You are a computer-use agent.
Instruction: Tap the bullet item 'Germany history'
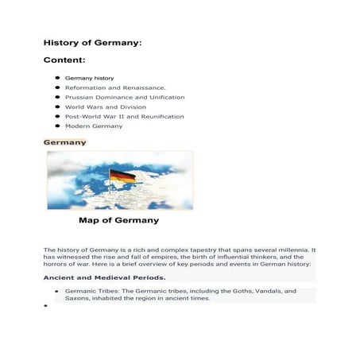pos(89,78)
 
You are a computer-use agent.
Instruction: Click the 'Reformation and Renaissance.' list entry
pos(114,87)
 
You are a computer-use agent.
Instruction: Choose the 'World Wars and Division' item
pos(105,106)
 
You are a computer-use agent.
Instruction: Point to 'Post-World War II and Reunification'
pos(124,116)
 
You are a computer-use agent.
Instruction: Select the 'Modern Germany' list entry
pos(94,126)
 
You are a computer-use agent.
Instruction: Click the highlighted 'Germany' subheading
pos(64,142)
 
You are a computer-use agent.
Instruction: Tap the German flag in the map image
pos(122,174)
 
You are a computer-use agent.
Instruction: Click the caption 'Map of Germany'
pos(118,220)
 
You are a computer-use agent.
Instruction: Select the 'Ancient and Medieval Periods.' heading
pos(104,277)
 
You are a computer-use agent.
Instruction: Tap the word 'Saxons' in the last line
pos(77,299)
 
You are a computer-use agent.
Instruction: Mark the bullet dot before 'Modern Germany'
pos(58,126)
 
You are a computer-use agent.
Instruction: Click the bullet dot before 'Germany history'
pos(58,78)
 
